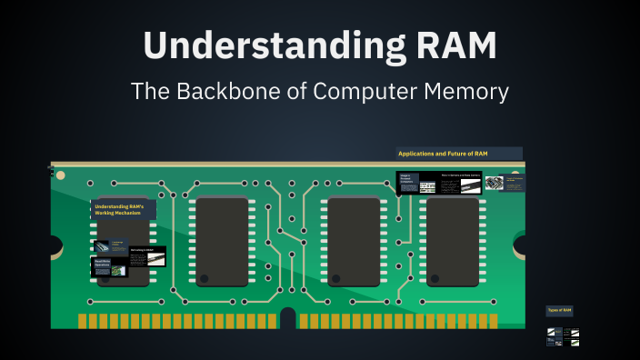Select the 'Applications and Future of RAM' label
459,154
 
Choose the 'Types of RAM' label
559,311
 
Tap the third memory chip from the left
354,242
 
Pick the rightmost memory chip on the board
452,240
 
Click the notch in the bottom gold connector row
288,319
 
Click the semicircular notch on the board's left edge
55,245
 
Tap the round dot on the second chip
205,277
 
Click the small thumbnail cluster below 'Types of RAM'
563,336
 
